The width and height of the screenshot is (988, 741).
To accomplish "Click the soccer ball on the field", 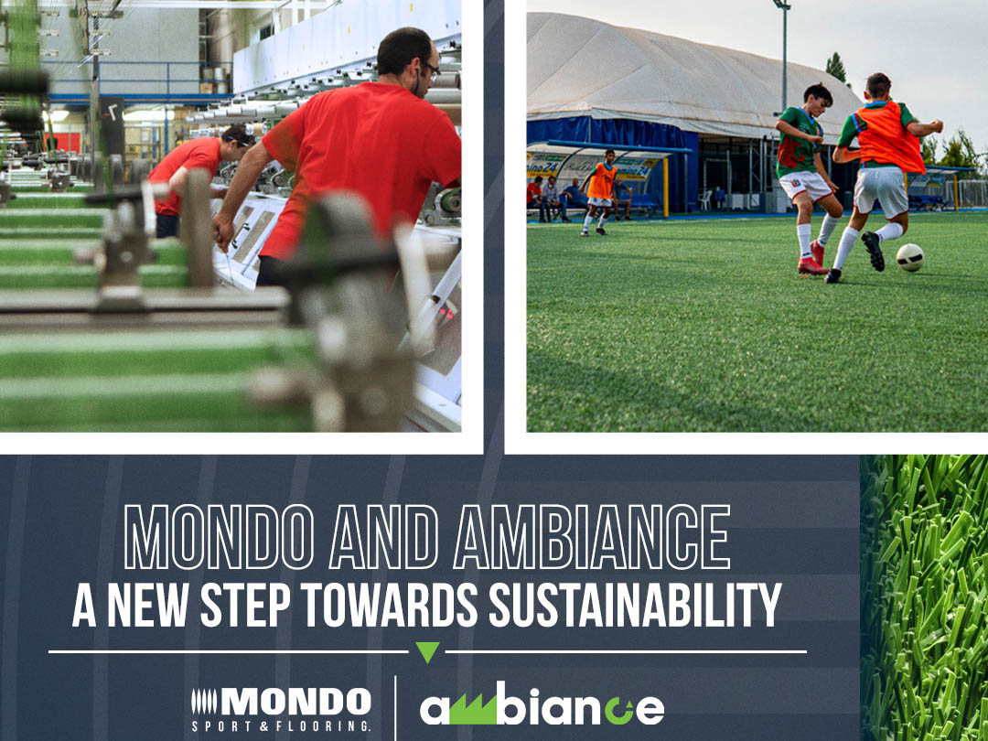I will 909,257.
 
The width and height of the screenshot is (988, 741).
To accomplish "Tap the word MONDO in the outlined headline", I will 222,537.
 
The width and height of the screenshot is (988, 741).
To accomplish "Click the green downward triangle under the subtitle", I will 427,652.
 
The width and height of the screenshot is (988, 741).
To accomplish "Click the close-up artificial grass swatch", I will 924,595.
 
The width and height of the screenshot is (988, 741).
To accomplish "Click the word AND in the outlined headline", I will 389,537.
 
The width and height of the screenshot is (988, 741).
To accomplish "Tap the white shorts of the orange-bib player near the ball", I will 880,190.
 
